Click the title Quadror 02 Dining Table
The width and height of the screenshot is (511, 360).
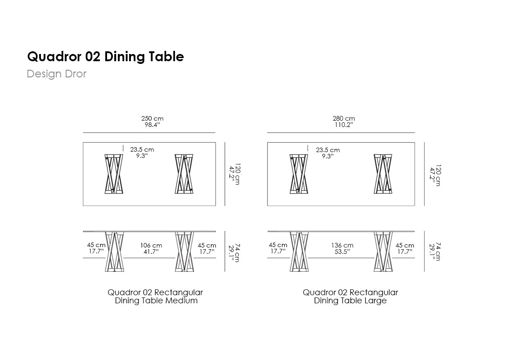(x=105, y=57)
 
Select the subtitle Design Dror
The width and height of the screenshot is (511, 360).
(x=56, y=74)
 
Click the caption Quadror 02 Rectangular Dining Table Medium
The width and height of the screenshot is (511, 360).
(x=156, y=297)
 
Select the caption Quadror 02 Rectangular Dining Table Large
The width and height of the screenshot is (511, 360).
(x=350, y=297)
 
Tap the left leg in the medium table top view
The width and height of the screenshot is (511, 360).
(x=114, y=174)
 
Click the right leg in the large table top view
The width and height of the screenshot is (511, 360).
(x=383, y=174)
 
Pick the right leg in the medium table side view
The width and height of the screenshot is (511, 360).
(x=184, y=252)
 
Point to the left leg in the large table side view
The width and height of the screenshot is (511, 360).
(x=299, y=252)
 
